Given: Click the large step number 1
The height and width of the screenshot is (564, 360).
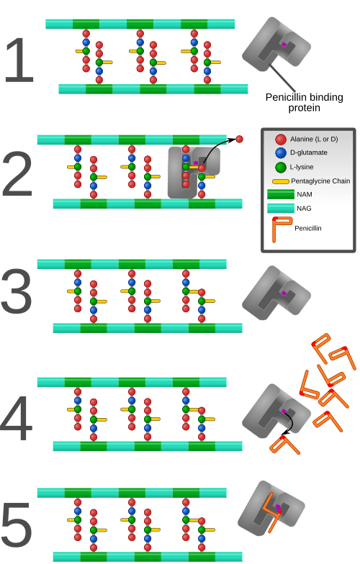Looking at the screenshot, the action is click(19, 60).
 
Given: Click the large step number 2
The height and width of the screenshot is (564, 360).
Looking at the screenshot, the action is click(17, 174).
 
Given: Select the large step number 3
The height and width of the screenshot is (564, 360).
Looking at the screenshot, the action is click(16, 291).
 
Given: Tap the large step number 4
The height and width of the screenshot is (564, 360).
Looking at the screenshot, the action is click(16, 418).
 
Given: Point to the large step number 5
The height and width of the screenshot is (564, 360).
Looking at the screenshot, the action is click(16, 526).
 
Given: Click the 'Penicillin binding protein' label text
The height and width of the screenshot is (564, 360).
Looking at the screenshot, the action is click(304, 102).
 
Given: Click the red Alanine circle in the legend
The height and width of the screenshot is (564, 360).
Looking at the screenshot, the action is click(281, 140).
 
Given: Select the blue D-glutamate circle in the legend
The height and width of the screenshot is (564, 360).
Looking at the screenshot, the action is click(281, 153).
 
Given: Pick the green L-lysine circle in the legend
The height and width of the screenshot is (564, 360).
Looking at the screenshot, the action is click(281, 167).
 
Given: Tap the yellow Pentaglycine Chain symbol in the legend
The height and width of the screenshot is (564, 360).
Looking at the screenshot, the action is click(281, 181).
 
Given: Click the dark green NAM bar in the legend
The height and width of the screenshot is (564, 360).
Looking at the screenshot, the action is click(281, 194).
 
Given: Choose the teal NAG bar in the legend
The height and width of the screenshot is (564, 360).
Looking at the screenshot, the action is click(281, 209).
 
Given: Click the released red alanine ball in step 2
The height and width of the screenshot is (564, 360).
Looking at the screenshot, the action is click(239, 139).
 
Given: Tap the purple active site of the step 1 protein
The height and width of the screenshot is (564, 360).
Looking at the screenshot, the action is click(284, 45).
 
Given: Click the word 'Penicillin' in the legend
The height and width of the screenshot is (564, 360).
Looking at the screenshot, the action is click(308, 229).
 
